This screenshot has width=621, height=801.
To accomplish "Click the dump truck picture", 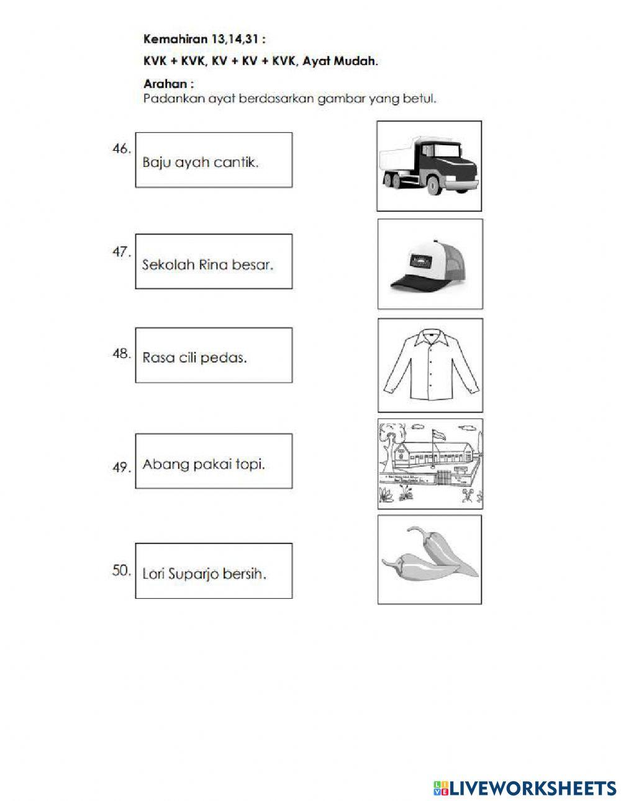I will [429, 166].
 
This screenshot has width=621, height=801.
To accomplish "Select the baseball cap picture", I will [429, 264].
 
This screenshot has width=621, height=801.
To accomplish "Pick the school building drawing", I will [430, 463].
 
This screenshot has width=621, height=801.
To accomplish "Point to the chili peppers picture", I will [429, 558].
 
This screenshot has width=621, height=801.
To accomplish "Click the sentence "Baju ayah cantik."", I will [201, 163].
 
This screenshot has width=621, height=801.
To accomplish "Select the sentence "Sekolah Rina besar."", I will [207, 265].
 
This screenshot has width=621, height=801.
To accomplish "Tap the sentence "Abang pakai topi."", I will [204, 464].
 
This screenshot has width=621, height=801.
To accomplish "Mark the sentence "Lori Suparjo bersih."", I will [204, 574].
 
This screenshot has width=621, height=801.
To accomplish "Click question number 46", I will [122, 149].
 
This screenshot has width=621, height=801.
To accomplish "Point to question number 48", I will [122, 355].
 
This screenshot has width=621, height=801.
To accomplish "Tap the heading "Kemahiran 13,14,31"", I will [204, 39].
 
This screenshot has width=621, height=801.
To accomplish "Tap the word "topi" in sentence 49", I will [251, 465].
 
